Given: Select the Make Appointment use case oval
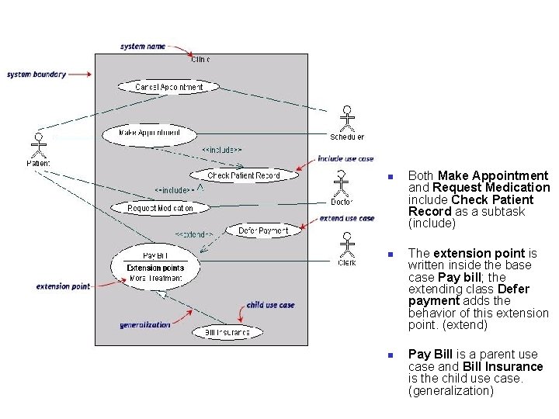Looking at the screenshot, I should tap(149, 133).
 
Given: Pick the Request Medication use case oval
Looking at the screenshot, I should tap(160, 208).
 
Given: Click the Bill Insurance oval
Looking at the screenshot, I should tap(221, 333).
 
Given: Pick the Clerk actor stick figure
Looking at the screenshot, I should tap(347, 244).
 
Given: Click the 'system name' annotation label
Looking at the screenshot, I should tap(143, 47).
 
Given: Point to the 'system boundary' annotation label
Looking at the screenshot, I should tap(36, 74).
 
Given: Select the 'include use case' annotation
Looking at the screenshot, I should tap(345, 159).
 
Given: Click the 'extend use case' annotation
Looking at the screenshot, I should tap(347, 219).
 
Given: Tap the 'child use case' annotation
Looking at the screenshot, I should tap(270, 305).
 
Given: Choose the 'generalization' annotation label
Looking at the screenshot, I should tap(145, 325).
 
